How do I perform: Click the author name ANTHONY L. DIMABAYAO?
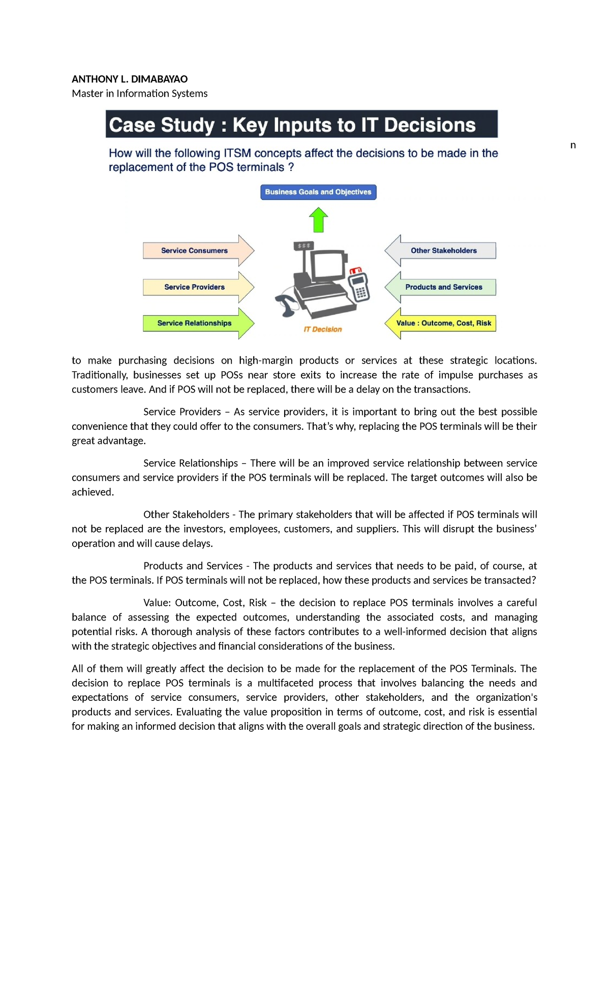130,79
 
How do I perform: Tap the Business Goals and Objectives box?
318,192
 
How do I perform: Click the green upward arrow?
319,220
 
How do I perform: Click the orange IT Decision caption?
323,330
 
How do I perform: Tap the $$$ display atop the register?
303,246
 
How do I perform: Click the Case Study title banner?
301,125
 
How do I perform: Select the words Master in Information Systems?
140,94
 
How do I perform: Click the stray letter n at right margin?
573,145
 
